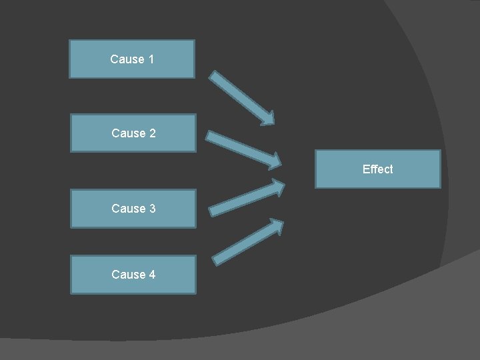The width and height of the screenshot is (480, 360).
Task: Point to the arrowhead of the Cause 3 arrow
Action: (277, 186)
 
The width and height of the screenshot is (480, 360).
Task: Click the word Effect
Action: (377, 169)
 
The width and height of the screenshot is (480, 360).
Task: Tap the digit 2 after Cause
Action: (152, 133)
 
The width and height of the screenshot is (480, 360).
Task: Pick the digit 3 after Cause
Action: (152, 209)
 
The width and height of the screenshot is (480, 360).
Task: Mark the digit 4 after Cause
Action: (152, 275)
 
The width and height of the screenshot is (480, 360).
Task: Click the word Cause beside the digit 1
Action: (127, 59)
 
